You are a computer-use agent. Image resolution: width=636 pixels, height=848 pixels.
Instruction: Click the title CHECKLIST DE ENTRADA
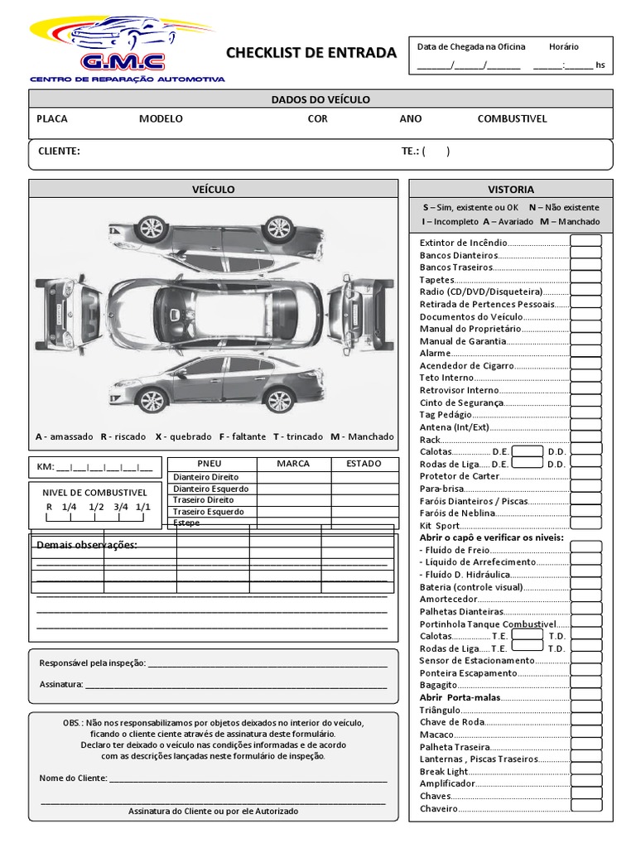click(x=311, y=53)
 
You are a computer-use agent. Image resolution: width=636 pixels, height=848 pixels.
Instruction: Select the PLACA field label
click(x=52, y=118)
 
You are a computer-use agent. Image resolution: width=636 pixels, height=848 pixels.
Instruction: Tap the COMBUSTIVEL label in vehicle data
click(x=512, y=118)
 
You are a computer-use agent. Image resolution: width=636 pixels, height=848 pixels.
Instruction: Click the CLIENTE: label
click(x=59, y=152)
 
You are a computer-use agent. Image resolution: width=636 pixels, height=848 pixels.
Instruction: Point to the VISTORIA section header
click(x=511, y=189)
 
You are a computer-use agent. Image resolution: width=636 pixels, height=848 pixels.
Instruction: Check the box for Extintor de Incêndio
click(x=585, y=242)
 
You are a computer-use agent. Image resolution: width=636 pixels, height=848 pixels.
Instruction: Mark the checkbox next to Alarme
click(x=585, y=353)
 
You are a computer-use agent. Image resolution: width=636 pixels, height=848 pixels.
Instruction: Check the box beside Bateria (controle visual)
click(x=585, y=586)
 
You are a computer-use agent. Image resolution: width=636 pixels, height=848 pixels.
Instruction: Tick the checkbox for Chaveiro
click(x=585, y=807)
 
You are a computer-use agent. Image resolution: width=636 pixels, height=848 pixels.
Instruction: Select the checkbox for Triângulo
click(x=585, y=710)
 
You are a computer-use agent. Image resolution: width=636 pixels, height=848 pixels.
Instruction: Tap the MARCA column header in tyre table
click(x=293, y=464)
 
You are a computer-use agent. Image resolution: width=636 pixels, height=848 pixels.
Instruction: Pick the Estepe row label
click(x=186, y=523)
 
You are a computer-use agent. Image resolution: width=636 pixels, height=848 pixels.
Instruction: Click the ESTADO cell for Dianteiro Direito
click(x=364, y=477)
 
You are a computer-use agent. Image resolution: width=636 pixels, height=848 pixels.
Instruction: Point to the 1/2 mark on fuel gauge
click(x=96, y=506)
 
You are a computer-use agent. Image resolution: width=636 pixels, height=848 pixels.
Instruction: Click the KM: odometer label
click(x=44, y=466)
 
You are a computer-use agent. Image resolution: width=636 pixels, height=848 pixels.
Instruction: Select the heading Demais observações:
click(x=87, y=545)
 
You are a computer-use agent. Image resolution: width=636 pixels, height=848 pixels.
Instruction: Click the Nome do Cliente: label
click(x=74, y=778)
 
